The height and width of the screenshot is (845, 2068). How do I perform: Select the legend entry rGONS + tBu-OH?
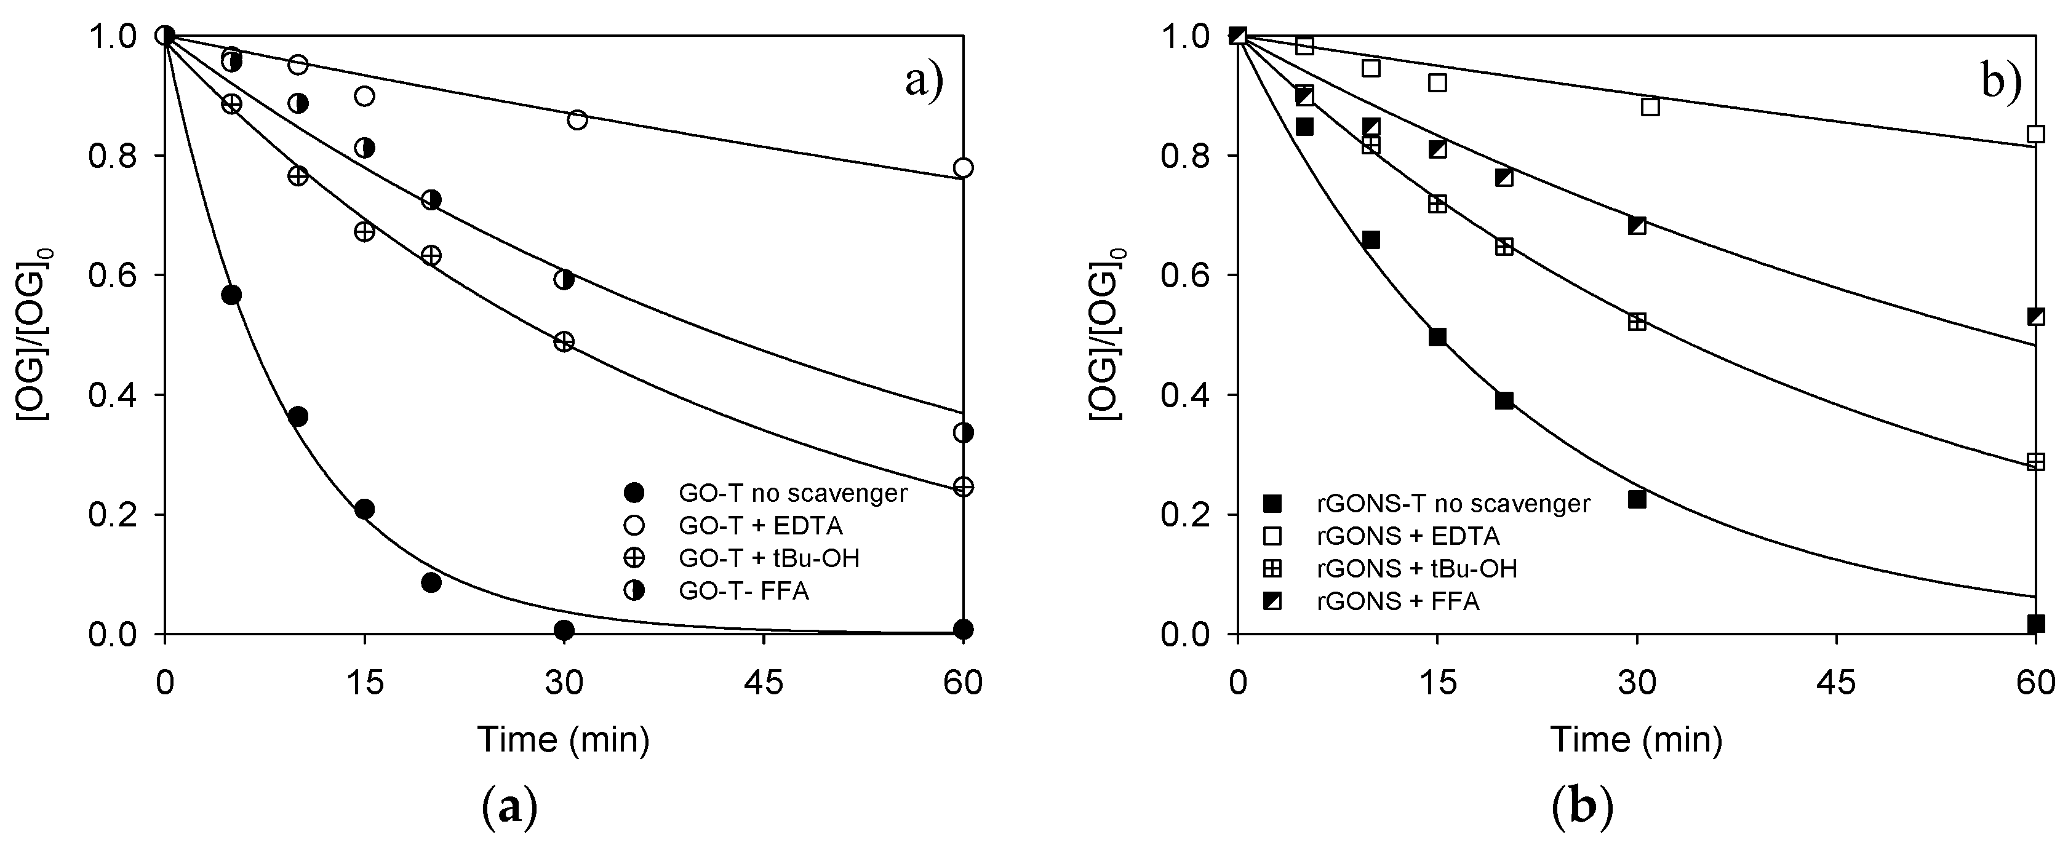tap(1417, 568)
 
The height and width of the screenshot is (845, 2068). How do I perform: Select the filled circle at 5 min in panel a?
tap(231, 295)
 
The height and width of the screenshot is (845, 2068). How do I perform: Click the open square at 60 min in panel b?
tap(2035, 134)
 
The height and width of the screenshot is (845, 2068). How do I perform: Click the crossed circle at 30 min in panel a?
tap(564, 341)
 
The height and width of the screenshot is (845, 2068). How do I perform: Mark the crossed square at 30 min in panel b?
tap(1637, 322)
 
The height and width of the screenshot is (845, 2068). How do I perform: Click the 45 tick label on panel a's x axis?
tap(762, 683)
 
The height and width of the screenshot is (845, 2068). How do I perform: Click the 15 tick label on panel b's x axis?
tap(1437, 683)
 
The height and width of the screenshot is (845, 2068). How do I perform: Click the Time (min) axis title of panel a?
tap(564, 739)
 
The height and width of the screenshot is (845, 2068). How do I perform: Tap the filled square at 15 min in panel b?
tap(1437, 337)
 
